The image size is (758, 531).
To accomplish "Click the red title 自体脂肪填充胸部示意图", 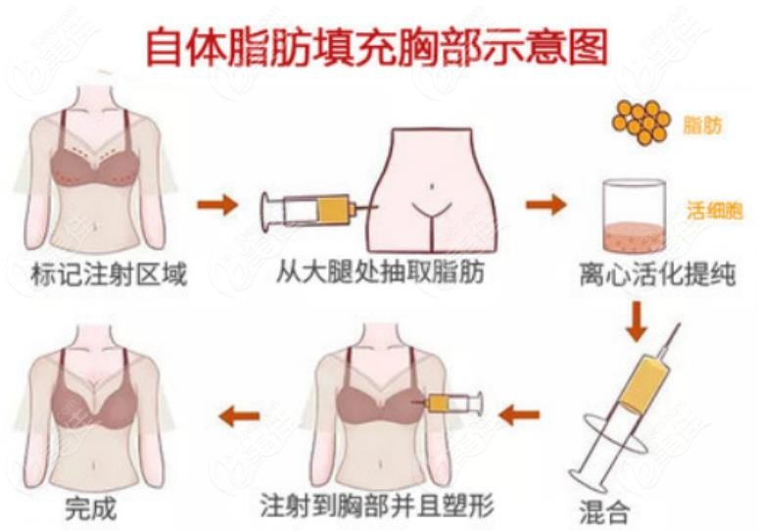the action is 377,48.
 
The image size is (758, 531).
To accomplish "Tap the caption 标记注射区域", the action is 108,274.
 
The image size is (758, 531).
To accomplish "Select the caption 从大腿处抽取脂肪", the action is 380,272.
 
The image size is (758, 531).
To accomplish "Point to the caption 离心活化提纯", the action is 657,274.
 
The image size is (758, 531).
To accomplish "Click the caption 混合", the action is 604,510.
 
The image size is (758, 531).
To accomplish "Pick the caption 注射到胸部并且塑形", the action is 377,506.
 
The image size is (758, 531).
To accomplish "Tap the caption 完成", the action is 91,507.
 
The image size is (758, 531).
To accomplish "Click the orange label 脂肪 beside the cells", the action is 702,125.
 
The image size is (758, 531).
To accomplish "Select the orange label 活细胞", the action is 714,211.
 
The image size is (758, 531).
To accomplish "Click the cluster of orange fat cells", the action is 641,121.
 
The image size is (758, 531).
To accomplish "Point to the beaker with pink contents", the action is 634,217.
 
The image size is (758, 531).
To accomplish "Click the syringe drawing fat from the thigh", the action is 319,210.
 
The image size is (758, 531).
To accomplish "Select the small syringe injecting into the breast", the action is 448,403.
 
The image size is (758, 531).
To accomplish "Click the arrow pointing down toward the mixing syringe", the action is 637,321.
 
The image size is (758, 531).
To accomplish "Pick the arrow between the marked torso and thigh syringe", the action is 217,205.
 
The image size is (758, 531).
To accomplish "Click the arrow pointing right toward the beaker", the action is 545,205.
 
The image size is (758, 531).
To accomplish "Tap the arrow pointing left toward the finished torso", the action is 239,416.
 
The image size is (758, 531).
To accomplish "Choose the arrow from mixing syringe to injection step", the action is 519,415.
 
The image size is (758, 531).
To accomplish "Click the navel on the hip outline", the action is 433,185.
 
